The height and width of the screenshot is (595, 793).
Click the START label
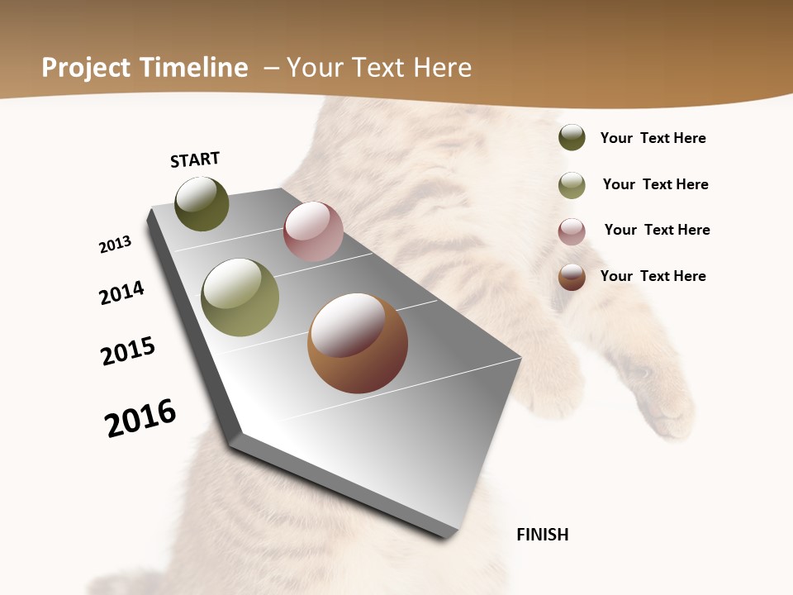(195, 159)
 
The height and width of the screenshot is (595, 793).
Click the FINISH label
(542, 535)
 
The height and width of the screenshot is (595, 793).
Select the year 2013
(115, 245)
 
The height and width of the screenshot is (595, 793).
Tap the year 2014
(121, 293)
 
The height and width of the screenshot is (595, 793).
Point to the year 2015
(128, 350)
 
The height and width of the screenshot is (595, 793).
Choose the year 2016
(140, 417)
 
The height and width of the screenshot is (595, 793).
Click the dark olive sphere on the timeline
(202, 203)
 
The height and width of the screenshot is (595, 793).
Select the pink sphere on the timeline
(313, 231)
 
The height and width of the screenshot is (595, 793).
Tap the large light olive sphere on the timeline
(240, 297)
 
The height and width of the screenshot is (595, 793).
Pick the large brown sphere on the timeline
(358, 343)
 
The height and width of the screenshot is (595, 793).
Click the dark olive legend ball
(572, 137)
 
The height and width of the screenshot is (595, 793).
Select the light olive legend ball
(572, 184)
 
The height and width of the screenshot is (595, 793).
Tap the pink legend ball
(572, 231)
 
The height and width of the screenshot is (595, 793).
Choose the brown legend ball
(572, 277)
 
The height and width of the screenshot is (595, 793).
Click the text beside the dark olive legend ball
(653, 138)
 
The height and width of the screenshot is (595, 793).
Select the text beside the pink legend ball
(657, 230)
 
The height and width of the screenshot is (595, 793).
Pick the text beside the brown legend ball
(653, 276)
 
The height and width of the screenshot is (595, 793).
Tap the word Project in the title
(86, 68)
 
